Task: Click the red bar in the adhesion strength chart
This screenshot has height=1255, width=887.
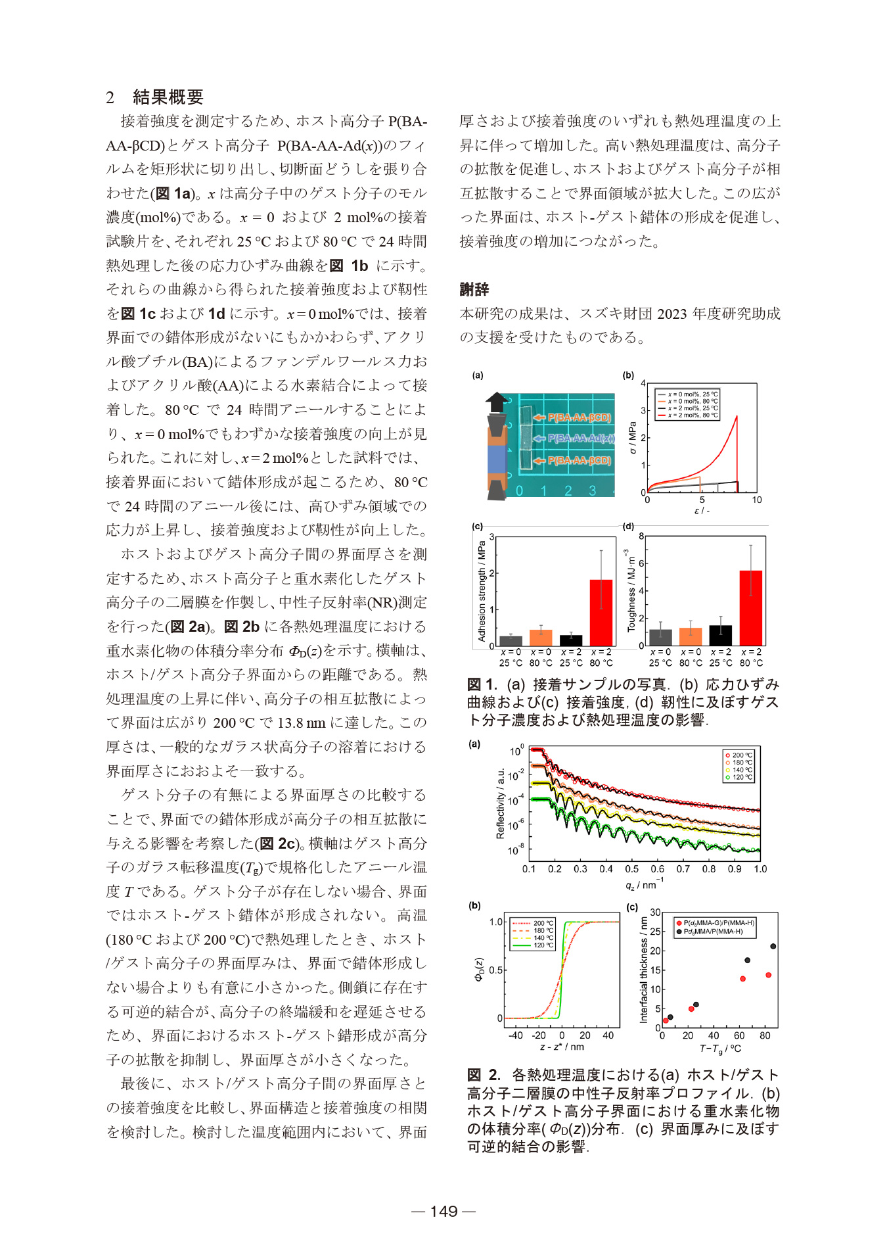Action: tap(601, 612)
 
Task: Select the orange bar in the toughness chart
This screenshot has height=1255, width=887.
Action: tap(691, 636)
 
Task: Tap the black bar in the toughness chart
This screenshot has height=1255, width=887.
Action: tap(720, 635)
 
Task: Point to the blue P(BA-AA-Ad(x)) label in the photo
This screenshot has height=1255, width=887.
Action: tap(581, 438)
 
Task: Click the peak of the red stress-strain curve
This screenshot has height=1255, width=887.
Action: tap(737, 416)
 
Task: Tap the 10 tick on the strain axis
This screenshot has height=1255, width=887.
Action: tap(757, 500)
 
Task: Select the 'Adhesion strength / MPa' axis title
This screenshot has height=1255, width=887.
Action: tap(482, 591)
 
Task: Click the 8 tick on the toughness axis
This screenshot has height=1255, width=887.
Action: tap(641, 536)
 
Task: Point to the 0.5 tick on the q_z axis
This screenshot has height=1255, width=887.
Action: tap(632, 869)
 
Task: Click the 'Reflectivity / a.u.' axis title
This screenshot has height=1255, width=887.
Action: tap(501, 803)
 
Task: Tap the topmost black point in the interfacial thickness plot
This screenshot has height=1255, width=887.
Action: tap(773, 947)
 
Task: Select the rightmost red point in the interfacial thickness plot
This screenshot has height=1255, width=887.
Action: tap(768, 975)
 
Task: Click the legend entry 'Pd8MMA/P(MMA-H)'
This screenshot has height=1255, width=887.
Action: tap(712, 932)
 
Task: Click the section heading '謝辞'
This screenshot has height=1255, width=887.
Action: tap(474, 289)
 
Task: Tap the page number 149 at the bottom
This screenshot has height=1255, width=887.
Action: tap(444, 1211)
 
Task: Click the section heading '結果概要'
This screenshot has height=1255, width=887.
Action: tap(168, 97)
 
